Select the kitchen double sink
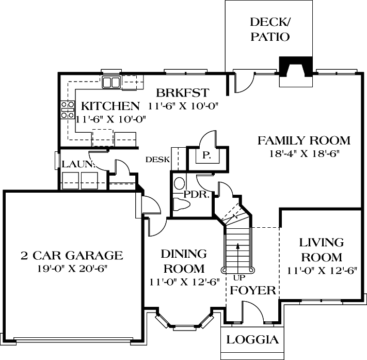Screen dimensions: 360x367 pyautogui.click(x=111, y=82)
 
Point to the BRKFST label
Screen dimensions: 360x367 pyautogui.click(x=182, y=93)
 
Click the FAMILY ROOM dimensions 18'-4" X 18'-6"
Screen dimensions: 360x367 pyautogui.click(x=304, y=153)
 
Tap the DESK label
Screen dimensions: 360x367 pyautogui.click(x=157, y=160)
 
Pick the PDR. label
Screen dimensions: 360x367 pyautogui.click(x=196, y=195)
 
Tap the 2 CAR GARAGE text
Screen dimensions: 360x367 pyautogui.click(x=72, y=255)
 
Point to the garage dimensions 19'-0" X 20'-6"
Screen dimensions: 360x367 pyautogui.click(x=72, y=269)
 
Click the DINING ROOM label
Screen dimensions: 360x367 pyautogui.click(x=183, y=261)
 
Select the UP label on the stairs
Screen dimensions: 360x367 pyautogui.click(x=237, y=277)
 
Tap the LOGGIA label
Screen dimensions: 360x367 pyautogui.click(x=253, y=340)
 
